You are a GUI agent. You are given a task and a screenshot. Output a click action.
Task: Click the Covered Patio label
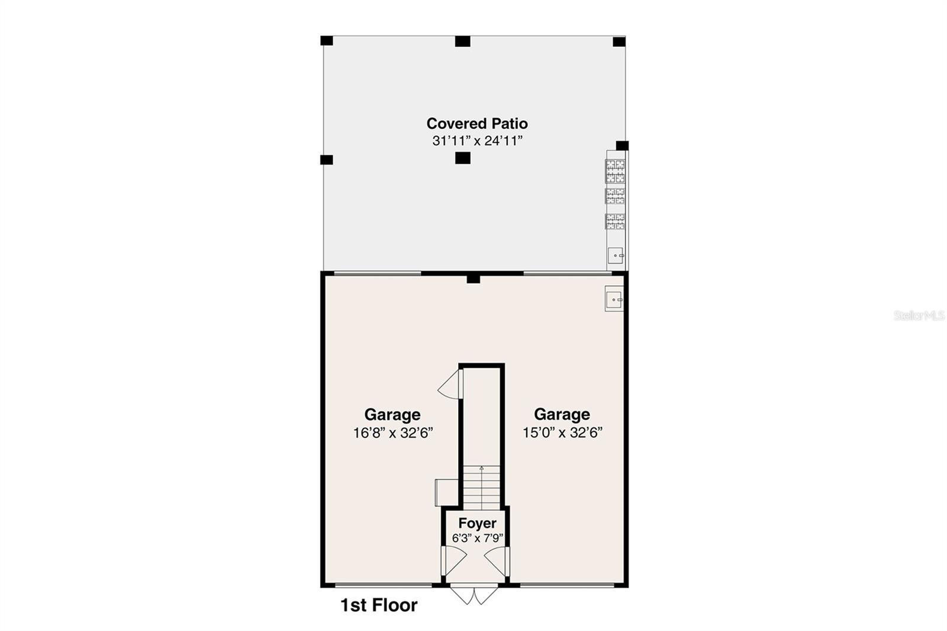(x=477, y=123)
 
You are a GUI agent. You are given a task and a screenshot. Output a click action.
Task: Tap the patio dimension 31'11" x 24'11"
(x=477, y=141)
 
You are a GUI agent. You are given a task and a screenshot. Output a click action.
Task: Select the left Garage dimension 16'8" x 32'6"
(x=393, y=433)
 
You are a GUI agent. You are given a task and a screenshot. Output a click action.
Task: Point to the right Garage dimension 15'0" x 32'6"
(x=562, y=433)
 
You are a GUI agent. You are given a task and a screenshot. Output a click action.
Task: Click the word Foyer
(x=477, y=523)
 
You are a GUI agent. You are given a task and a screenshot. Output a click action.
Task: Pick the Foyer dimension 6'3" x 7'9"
(x=477, y=538)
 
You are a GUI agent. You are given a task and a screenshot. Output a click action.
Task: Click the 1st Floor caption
(x=379, y=605)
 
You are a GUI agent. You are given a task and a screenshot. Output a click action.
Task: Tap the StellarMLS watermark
(x=919, y=315)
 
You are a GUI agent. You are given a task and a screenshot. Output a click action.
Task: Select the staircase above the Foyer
(x=482, y=487)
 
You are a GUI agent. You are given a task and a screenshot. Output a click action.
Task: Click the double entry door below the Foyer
(x=475, y=594)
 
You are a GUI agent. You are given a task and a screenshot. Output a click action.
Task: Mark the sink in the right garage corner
(x=614, y=300)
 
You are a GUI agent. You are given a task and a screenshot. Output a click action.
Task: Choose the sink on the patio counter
(x=616, y=256)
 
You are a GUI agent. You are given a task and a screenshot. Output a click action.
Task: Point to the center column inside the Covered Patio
(x=463, y=158)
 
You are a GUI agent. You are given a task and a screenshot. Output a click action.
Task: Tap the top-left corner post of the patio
(x=327, y=41)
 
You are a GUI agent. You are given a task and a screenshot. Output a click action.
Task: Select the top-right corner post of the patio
(x=619, y=41)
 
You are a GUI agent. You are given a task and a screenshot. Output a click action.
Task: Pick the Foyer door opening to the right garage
(x=496, y=560)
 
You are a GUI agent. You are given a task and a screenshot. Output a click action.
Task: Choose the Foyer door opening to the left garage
(x=455, y=560)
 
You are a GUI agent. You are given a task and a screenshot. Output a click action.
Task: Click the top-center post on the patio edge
(x=463, y=41)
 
